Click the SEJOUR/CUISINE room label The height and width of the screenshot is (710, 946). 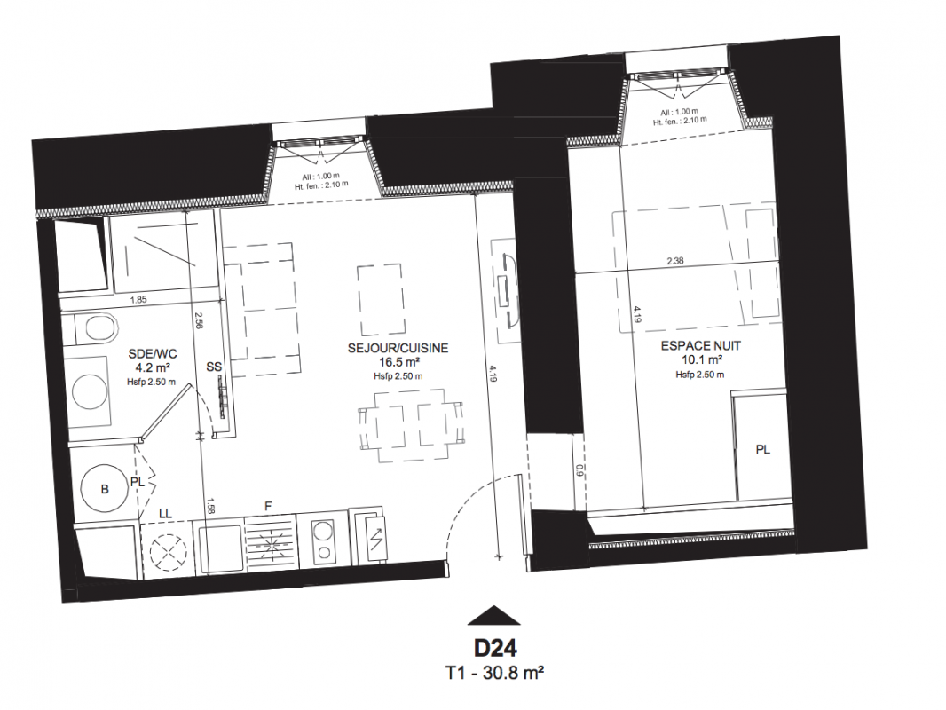pos(398,349)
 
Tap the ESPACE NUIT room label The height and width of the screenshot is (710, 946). pos(700,346)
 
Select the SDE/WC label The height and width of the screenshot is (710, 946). pos(153,353)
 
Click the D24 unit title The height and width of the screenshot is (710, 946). pos(494,649)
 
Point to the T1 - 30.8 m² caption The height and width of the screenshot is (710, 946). pos(494,673)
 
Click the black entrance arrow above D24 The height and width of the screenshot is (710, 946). pos(494,615)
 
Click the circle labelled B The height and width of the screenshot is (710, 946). pos(105,489)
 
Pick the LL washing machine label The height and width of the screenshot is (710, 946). pos(165,514)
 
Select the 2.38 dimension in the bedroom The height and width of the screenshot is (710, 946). pos(675,261)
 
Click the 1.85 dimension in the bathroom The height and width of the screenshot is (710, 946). pos(138,298)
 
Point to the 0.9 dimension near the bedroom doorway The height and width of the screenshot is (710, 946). pos(579,470)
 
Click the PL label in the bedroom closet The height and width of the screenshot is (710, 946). pos(763,449)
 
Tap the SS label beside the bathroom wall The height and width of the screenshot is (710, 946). pos(214,367)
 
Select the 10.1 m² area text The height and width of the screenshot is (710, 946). pos(700,360)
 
